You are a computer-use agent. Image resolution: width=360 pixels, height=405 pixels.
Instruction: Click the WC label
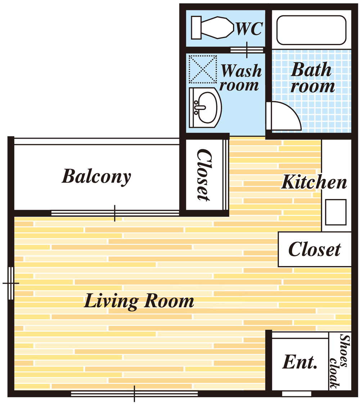pyautogui.click(x=249, y=28)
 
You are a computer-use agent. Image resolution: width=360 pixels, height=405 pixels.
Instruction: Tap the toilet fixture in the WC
pyautogui.click(x=212, y=28)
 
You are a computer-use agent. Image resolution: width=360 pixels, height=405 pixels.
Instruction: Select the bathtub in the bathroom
pyautogui.click(x=311, y=30)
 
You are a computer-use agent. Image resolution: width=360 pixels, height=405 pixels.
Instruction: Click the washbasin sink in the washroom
pyautogui.click(x=205, y=107)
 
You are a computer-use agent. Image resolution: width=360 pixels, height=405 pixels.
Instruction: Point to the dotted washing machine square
pyautogui.click(x=203, y=69)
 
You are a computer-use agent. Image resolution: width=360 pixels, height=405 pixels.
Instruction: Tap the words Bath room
pyautogui.click(x=312, y=77)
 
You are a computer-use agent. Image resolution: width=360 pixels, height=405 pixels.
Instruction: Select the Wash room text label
pyautogui.click(x=240, y=77)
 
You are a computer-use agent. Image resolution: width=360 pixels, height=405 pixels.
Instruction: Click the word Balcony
pyautogui.click(x=96, y=177)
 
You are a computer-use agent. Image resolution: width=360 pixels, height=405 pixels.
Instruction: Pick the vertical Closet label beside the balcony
pyautogui.click(x=204, y=175)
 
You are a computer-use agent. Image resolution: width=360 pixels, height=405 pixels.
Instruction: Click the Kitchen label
pyautogui.click(x=314, y=182)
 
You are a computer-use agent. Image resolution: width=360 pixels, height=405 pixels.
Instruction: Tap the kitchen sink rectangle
pyautogui.click(x=336, y=212)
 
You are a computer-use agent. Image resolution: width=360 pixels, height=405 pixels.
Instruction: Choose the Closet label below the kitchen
pyautogui.click(x=314, y=249)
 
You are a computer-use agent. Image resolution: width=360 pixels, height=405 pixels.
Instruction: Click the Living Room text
pyautogui.click(x=139, y=301)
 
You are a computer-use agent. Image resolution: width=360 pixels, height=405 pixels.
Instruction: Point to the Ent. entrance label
pyautogui.click(x=300, y=362)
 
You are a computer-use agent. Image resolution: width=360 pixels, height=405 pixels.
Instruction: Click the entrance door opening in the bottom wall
pyautogui.click(x=297, y=393)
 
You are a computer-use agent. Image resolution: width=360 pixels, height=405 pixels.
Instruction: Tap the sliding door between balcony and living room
pyautogui.click(x=115, y=213)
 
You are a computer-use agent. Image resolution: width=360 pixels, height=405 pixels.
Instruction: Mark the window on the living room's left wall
pyautogui.click(x=11, y=283)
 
